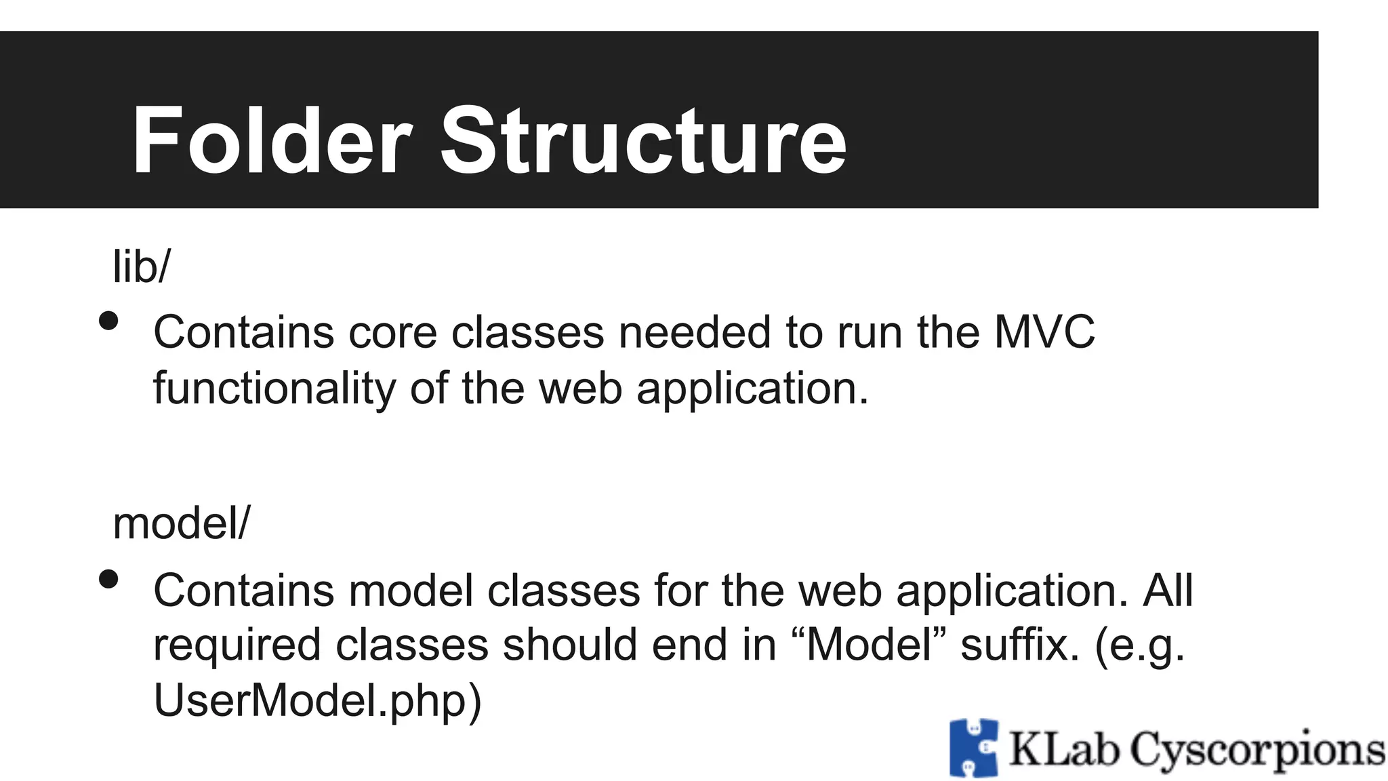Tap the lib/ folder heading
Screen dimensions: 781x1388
(142, 266)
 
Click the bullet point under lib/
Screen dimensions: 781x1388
(108, 321)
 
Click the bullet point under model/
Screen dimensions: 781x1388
(108, 579)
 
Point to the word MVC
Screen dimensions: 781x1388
(1044, 332)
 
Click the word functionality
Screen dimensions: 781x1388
(274, 389)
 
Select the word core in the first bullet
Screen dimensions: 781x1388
(392, 333)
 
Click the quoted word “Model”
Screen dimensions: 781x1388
(868, 645)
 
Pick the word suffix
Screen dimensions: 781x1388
(1019, 645)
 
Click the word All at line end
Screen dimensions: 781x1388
(1167, 590)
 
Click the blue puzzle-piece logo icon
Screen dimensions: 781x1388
(974, 748)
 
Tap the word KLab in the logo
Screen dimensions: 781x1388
(1063, 750)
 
